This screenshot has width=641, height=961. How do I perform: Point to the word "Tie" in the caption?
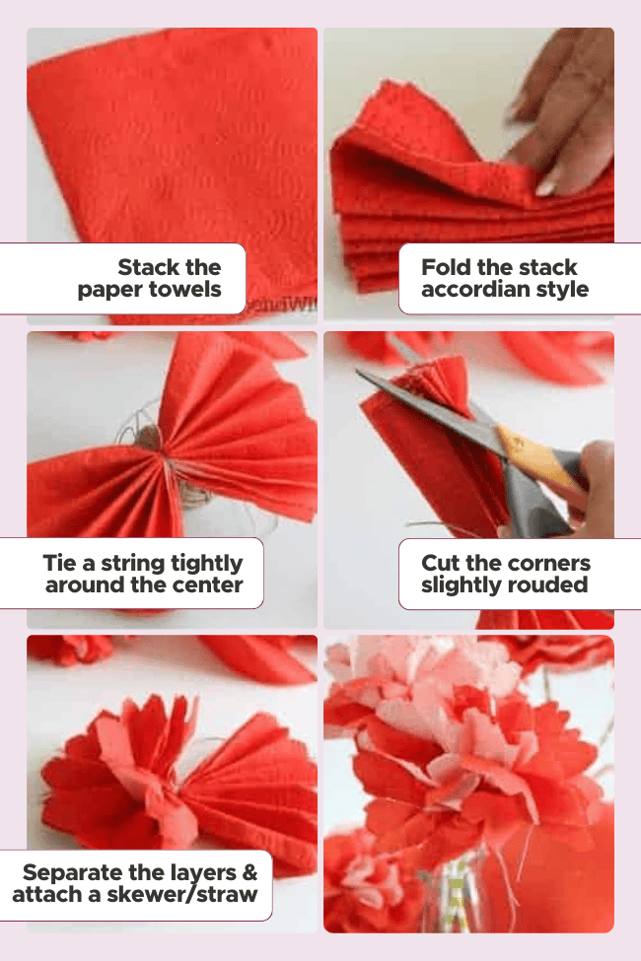click(60, 563)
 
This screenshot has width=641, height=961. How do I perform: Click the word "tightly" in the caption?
click(206, 564)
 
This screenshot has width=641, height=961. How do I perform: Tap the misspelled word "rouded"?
click(551, 584)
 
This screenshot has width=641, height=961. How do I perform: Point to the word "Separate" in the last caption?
click(71, 872)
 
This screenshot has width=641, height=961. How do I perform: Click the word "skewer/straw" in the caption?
click(182, 895)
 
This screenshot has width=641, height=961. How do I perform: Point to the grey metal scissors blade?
click(429, 404)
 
